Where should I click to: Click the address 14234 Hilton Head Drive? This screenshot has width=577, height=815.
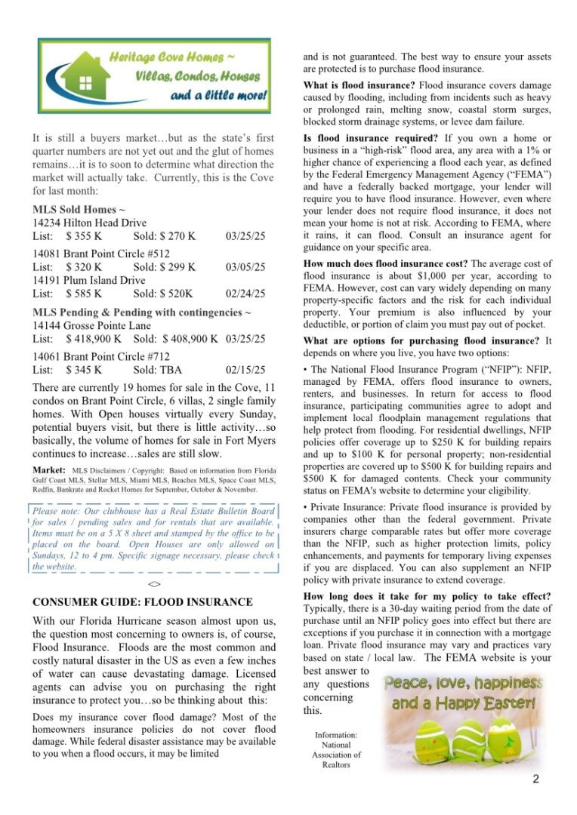pos(89,223)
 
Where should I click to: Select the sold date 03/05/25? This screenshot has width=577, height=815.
pos(245,267)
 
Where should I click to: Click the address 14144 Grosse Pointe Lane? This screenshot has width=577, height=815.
pos(91,325)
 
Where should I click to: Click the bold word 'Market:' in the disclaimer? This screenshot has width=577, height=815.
pos(49,470)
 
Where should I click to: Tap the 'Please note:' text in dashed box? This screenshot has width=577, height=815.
pos(63,511)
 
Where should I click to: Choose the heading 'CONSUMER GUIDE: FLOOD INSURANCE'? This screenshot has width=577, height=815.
pos(143,602)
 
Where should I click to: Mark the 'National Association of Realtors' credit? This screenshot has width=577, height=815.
pos(336,749)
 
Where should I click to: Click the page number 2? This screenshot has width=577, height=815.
pos(535,780)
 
